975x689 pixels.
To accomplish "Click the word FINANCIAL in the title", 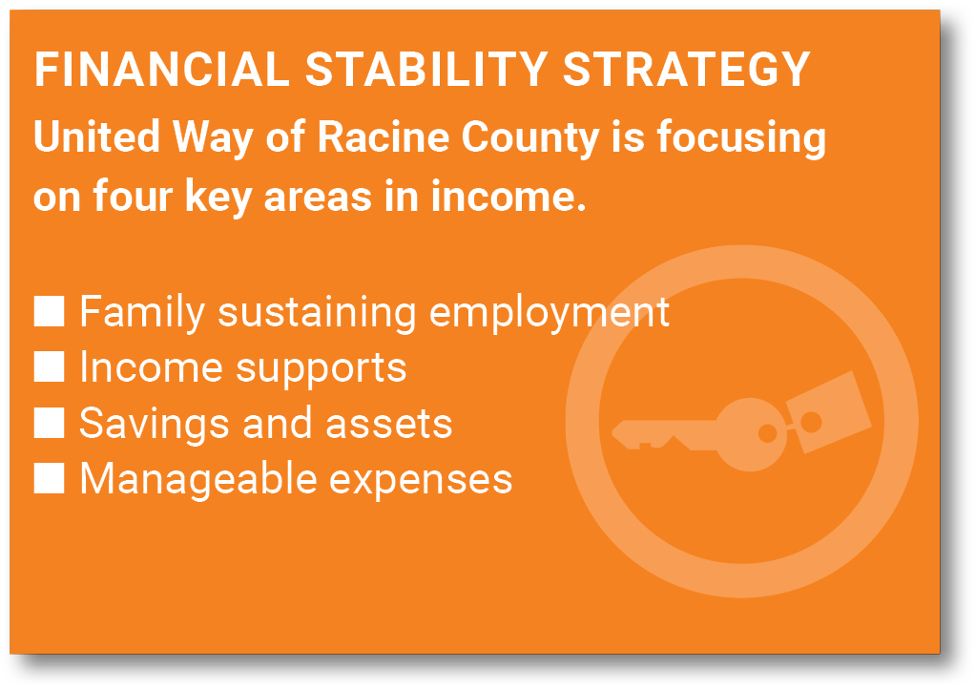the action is (162, 69).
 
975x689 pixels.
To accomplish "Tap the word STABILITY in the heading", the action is (426, 69).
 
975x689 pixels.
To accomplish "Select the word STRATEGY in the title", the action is (687, 69).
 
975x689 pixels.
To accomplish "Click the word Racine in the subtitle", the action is (384, 136).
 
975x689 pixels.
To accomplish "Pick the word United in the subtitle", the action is (97, 136).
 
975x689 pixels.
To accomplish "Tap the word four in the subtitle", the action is (133, 197).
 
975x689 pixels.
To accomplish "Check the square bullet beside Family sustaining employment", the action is (49, 311).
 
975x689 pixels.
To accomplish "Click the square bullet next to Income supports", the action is (49, 366).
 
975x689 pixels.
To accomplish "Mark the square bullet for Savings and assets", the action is (49, 423).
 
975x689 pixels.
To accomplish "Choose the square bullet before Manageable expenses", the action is (49, 478).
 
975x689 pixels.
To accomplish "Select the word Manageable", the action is (198, 481).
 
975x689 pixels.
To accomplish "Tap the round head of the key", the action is (751, 434).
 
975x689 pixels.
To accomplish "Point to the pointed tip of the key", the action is (612, 431).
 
